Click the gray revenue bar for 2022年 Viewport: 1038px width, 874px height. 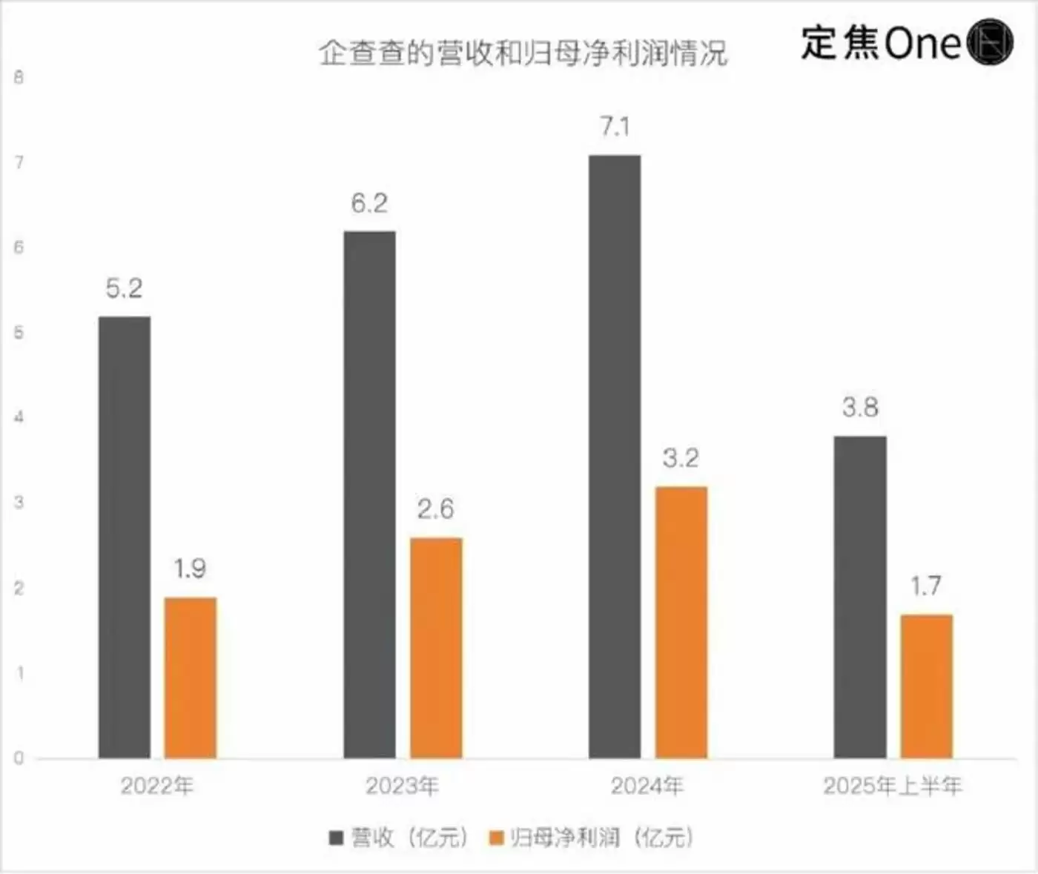(x=125, y=537)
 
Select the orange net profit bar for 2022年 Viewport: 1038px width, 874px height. (x=191, y=678)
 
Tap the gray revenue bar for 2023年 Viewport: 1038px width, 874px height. (x=369, y=494)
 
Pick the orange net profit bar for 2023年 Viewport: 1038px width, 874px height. (x=436, y=648)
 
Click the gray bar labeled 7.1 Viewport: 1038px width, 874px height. (x=615, y=457)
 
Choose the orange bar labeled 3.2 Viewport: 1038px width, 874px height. (x=681, y=623)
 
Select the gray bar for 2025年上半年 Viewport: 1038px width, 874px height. (x=860, y=597)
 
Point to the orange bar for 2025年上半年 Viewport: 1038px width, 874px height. (x=926, y=686)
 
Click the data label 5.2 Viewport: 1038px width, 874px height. (x=124, y=288)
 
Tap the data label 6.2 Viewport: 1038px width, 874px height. (x=369, y=203)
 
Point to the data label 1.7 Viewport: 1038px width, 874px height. (x=926, y=586)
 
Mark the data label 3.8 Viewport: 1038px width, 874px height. (x=860, y=407)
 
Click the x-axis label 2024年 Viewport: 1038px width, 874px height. (x=647, y=786)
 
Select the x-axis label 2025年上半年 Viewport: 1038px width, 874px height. (x=893, y=786)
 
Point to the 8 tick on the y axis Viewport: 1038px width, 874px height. (x=19, y=77)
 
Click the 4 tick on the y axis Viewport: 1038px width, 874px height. (x=19, y=417)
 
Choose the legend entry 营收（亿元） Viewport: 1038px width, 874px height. (x=400, y=838)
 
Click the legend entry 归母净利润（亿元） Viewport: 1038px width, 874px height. (x=593, y=838)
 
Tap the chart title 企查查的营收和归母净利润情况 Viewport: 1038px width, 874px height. (x=523, y=53)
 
